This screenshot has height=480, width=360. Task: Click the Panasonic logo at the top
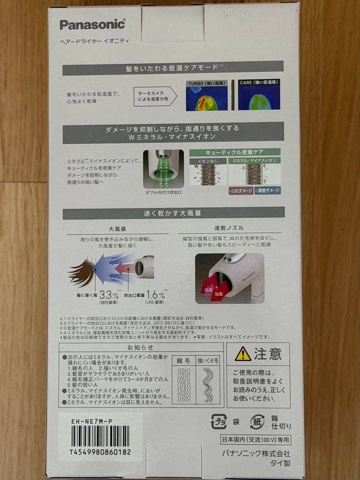click(92, 25)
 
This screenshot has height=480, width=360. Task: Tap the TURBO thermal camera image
click(207, 96)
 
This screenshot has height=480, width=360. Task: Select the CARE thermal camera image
click(259, 96)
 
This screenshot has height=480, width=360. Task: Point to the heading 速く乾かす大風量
click(173, 213)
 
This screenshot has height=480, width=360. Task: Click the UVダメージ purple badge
click(241, 190)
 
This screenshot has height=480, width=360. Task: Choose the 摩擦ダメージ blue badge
click(268, 190)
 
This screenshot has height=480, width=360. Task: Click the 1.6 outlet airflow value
click(153, 294)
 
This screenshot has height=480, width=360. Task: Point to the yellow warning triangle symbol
click(243, 354)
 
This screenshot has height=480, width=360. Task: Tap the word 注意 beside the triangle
click(268, 354)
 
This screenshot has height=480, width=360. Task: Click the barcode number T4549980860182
click(100, 452)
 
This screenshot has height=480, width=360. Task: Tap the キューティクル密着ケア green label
click(235, 152)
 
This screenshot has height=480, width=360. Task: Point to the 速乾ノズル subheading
click(226, 228)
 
